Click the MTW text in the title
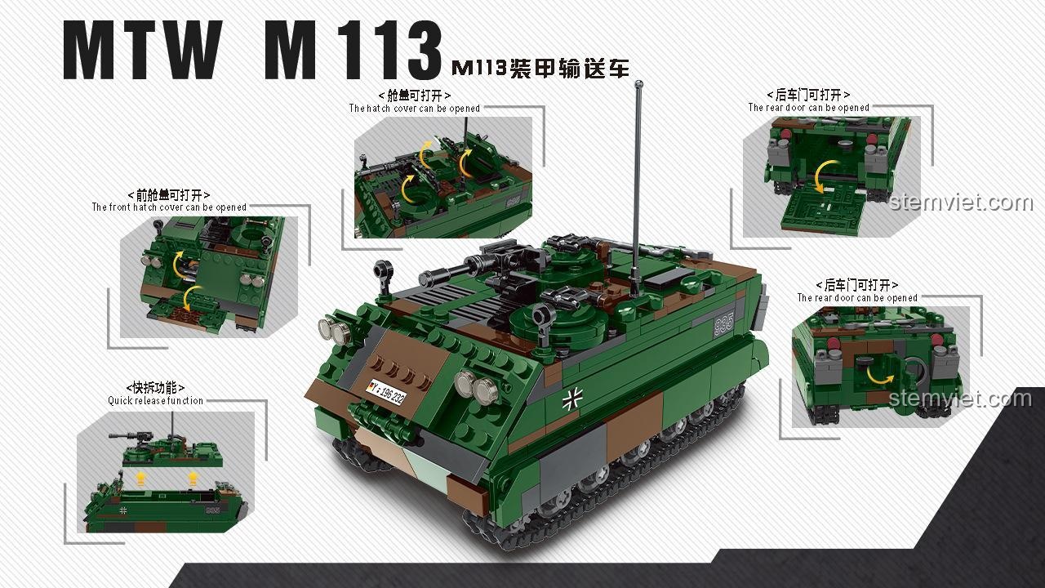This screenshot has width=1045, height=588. pyautogui.click(x=142, y=51)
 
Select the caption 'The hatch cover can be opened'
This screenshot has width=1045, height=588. pyautogui.click(x=414, y=109)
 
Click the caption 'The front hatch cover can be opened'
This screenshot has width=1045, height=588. pyautogui.click(x=169, y=207)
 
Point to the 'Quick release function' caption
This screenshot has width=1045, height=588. pyautogui.click(x=155, y=400)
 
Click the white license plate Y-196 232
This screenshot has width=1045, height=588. pyautogui.click(x=386, y=393)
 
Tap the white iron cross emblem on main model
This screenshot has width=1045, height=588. pyautogui.click(x=571, y=400)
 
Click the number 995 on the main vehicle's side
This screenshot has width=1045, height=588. pyautogui.click(x=723, y=323)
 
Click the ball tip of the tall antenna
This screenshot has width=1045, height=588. pyautogui.click(x=638, y=84)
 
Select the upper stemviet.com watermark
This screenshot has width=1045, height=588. pyautogui.click(x=961, y=203)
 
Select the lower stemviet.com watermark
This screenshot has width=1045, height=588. pyautogui.click(x=960, y=399)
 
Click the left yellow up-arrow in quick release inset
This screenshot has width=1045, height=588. pyautogui.click(x=140, y=478)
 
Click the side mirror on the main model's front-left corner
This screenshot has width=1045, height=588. pyautogui.click(x=382, y=270)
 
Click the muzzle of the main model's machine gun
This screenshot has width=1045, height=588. pyautogui.click(x=423, y=279)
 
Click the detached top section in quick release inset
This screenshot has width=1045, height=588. pyautogui.click(x=171, y=449)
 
